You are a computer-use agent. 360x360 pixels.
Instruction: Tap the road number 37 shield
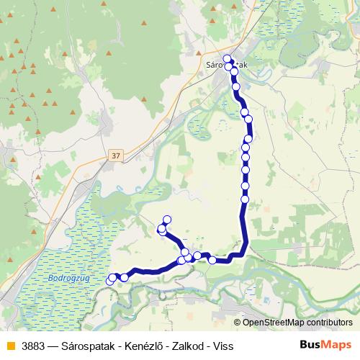click(117, 155)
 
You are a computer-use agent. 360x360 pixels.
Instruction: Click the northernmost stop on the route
click(228, 59)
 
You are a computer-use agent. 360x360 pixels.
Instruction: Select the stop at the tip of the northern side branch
click(168, 220)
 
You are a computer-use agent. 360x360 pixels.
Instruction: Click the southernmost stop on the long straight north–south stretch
click(245, 199)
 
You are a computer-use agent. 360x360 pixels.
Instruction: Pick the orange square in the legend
click(10, 346)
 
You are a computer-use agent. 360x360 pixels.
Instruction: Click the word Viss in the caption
click(223, 346)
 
